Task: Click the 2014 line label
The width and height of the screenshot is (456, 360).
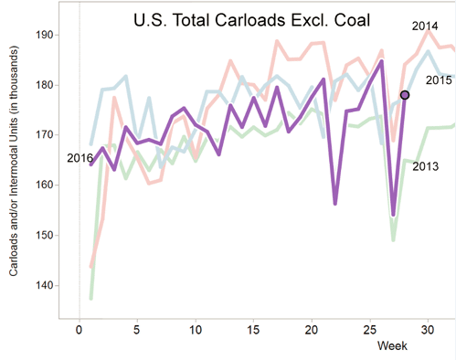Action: tap(424, 25)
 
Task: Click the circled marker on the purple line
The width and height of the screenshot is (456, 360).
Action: tap(404, 95)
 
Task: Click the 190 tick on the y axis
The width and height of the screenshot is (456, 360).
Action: tap(46, 35)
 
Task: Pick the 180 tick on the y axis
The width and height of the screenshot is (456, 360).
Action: tap(46, 85)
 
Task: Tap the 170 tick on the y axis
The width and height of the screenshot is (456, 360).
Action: tap(46, 135)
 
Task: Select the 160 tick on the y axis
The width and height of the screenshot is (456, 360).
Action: tap(46, 185)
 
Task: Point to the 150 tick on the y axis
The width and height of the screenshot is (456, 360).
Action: tap(46, 236)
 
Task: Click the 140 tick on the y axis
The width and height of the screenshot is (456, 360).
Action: tap(46, 286)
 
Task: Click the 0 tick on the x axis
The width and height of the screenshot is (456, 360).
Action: tap(80, 330)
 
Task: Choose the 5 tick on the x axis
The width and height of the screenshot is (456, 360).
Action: tap(137, 330)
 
